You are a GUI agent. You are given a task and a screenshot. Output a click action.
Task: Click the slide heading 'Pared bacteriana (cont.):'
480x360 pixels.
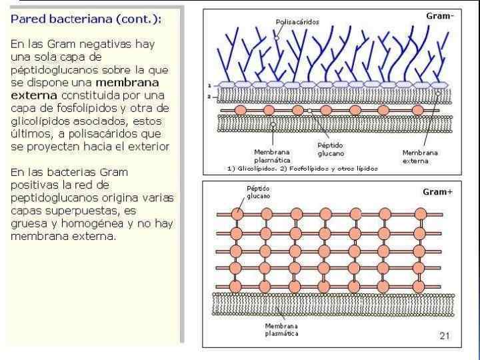click(85, 20)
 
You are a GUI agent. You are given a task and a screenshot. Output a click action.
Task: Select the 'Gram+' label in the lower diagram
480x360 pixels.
click(437, 192)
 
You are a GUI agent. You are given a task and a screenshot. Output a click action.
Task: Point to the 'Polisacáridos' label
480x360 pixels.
click(297, 22)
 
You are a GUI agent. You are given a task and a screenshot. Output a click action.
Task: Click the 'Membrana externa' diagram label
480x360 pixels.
click(420, 157)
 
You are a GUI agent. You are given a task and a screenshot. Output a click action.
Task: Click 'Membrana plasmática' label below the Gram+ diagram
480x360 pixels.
click(281, 330)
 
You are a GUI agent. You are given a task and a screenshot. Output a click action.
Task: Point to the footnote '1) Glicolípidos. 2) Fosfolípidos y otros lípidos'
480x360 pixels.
click(302, 169)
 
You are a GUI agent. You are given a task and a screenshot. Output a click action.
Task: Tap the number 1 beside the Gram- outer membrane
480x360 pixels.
click(209, 86)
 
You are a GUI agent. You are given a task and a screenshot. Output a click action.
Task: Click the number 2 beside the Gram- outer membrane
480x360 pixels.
click(209, 97)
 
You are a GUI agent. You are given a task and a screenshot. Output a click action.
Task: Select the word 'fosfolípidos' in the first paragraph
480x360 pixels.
click(91, 107)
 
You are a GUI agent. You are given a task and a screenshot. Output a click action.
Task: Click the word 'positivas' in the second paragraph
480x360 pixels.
click(33, 185)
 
